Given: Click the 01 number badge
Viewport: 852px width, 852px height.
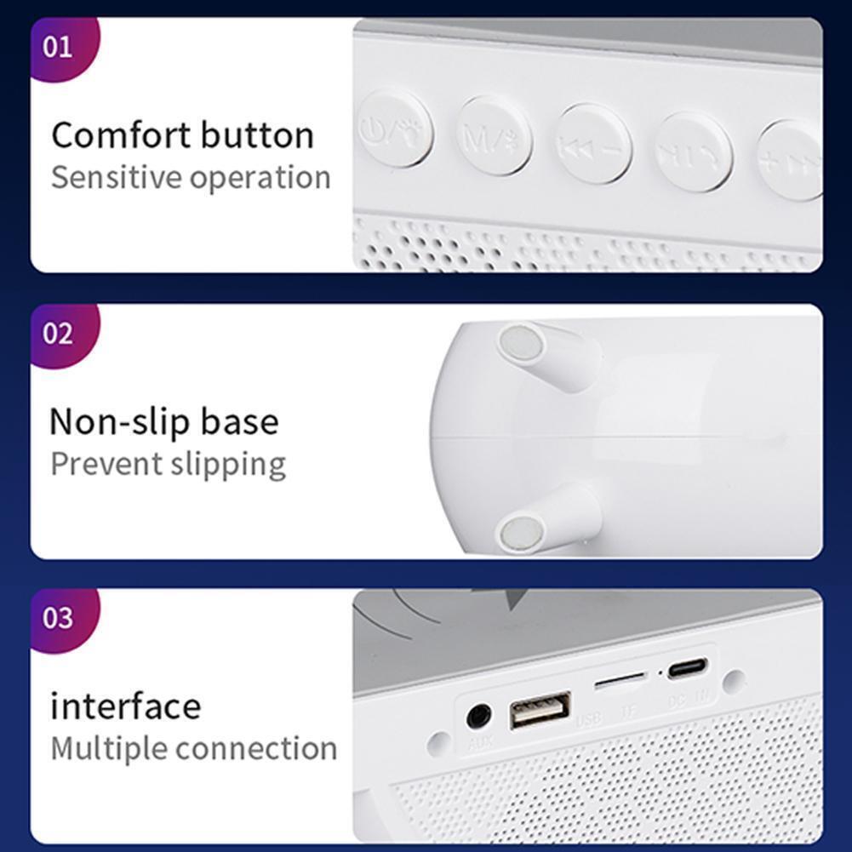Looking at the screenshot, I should pos(59,46).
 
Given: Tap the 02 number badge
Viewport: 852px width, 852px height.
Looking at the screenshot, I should pos(59,333).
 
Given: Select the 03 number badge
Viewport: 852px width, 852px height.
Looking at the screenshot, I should pos(59,617).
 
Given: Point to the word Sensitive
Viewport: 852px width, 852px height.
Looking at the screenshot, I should pos(117,178).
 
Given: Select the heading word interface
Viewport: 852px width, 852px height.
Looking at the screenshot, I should pos(126,706).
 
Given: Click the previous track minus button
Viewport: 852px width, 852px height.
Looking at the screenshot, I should pos(594,145).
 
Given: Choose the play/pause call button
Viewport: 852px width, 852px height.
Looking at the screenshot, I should pos(693,152).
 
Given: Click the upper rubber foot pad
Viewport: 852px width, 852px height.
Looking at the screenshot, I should pos(521,343).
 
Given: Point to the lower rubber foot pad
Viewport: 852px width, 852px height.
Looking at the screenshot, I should pos(521,534).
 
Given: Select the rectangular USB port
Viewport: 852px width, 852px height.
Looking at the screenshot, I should pos(540,711).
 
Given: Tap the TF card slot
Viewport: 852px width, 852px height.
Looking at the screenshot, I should pos(620,682).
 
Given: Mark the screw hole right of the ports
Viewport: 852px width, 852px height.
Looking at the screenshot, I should pos(733,681).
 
